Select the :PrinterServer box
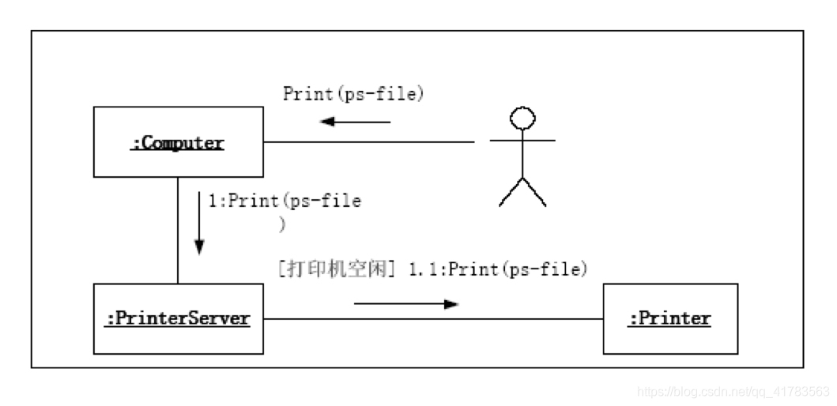pos(178,318)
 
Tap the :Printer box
pos(669,318)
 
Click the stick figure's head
pos(522,119)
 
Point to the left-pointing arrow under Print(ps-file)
pos(355,122)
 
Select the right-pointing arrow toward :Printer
pos(406,303)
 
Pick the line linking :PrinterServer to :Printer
pos(432,319)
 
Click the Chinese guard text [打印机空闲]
pos(337,269)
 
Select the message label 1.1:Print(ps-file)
pos(499,269)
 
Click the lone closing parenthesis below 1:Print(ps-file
pos(282,224)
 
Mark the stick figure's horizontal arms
pos(522,141)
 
